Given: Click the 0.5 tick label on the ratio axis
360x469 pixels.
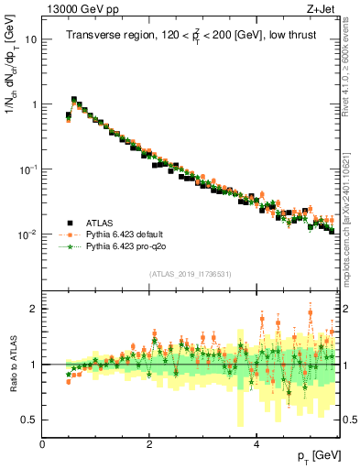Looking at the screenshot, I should (28, 420).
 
